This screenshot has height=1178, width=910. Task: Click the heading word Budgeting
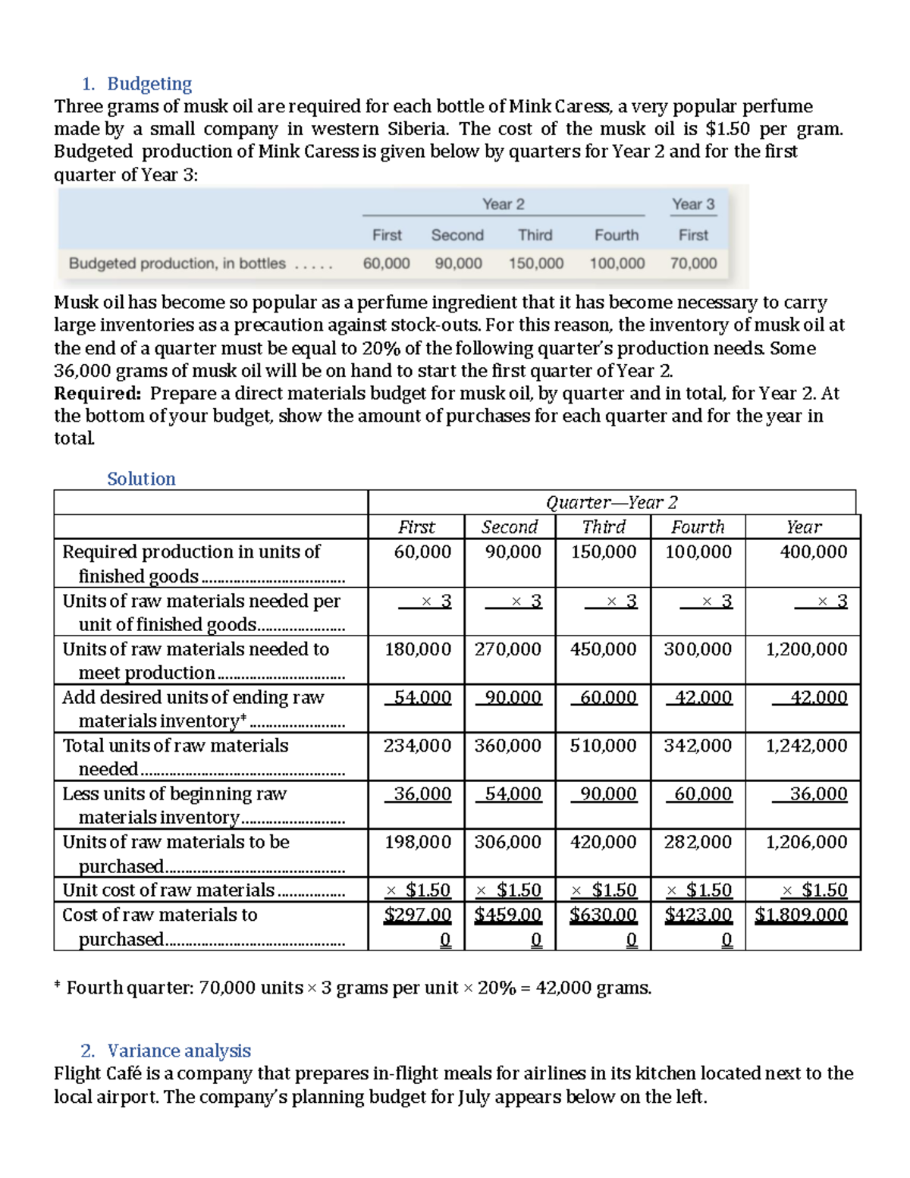(x=149, y=83)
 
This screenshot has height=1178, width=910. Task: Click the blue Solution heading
(x=141, y=479)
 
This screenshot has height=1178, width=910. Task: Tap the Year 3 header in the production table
(x=692, y=204)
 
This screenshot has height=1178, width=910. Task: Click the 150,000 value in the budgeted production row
(x=535, y=263)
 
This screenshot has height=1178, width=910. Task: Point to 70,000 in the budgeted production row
(x=693, y=263)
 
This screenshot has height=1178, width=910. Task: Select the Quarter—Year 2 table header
(x=611, y=502)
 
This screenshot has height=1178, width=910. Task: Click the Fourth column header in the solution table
(x=698, y=526)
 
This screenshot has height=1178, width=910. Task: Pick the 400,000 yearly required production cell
(x=813, y=551)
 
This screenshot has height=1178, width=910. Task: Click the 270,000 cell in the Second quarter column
(x=508, y=649)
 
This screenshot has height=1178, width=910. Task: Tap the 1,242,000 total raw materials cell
(x=806, y=745)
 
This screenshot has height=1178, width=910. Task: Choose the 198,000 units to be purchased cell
(x=417, y=841)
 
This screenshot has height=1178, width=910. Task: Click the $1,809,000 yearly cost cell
(x=802, y=914)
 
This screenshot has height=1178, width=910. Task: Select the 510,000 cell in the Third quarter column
(x=603, y=745)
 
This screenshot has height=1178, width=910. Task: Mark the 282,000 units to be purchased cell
(x=698, y=841)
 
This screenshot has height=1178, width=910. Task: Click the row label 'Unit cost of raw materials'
(x=168, y=890)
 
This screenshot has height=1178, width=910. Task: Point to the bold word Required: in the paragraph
(x=97, y=393)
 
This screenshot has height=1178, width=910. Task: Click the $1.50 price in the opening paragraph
(x=727, y=128)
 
